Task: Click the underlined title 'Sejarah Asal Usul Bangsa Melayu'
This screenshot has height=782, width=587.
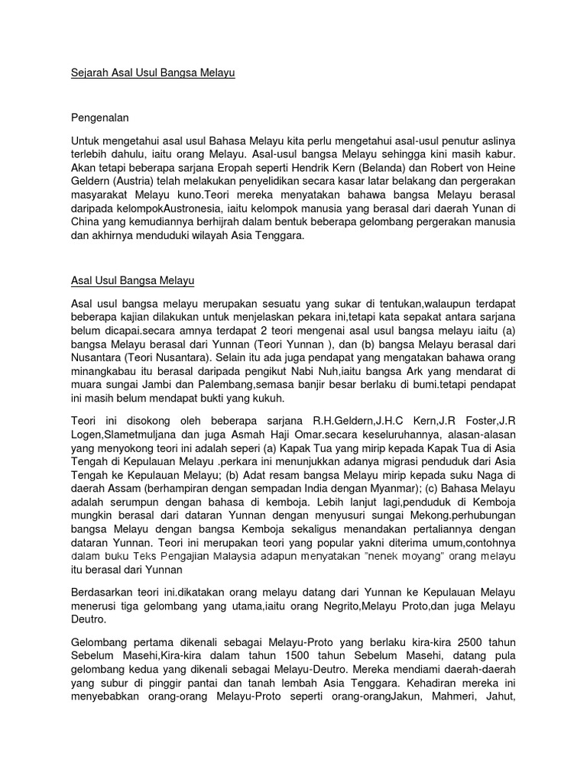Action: click(153, 74)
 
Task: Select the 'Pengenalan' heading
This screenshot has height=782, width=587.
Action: click(101, 118)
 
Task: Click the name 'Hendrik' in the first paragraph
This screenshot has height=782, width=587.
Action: click(337, 170)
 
